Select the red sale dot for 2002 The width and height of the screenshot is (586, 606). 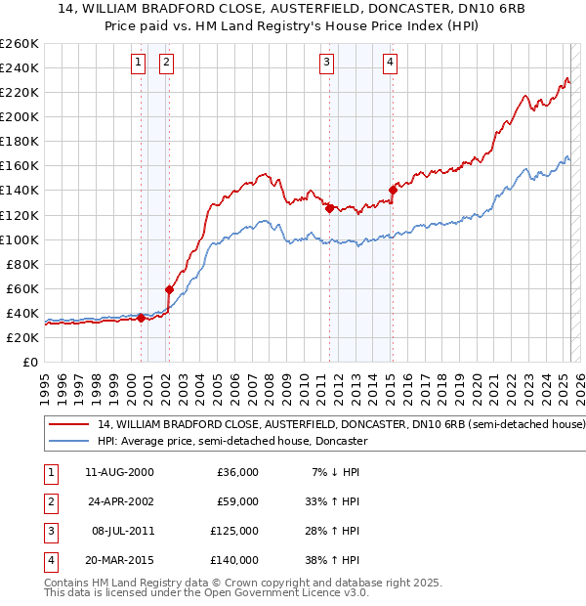click(x=169, y=289)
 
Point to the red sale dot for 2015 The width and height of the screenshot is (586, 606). click(x=392, y=190)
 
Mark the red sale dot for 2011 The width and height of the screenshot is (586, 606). click(x=329, y=208)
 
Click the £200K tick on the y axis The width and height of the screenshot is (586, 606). click(x=21, y=116)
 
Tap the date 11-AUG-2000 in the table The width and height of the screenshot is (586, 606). click(x=119, y=472)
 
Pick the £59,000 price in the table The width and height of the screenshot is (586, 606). click(x=237, y=501)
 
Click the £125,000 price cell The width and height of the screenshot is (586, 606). click(x=234, y=531)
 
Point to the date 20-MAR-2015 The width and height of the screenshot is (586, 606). click(x=119, y=560)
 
